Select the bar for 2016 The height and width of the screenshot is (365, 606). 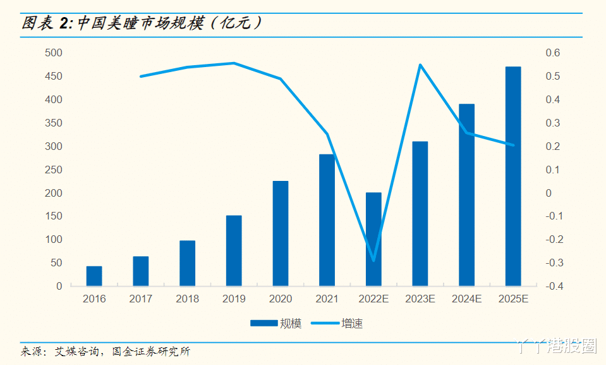[94, 276]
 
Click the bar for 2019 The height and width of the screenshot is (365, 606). [234, 251]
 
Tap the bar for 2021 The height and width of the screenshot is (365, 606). [327, 220]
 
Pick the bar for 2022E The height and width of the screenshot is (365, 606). [373, 239]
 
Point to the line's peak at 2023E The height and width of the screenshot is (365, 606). [420, 65]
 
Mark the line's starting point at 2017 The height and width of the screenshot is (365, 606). [140, 77]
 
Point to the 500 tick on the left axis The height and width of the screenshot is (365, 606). [54, 53]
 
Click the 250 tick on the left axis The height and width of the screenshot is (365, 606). [54, 170]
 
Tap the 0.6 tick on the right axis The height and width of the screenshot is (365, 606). [553, 53]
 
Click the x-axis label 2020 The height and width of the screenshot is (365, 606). [280, 299]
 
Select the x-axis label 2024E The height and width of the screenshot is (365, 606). [466, 299]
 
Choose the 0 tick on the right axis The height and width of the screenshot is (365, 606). [548, 193]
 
